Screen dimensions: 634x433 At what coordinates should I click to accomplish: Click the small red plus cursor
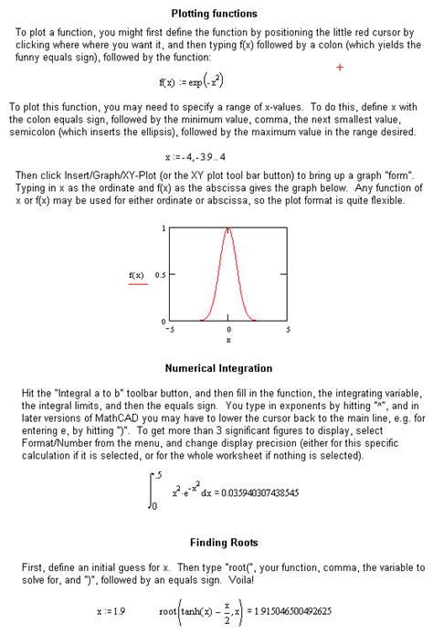point(340,68)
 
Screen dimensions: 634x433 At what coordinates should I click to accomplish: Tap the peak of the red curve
point(228,227)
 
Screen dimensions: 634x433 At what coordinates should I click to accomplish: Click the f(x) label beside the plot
point(137,274)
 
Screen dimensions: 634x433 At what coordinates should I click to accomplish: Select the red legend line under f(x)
point(137,285)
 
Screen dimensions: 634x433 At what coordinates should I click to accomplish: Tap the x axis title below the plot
point(228,340)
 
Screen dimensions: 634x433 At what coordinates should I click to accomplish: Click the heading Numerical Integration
point(217,369)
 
